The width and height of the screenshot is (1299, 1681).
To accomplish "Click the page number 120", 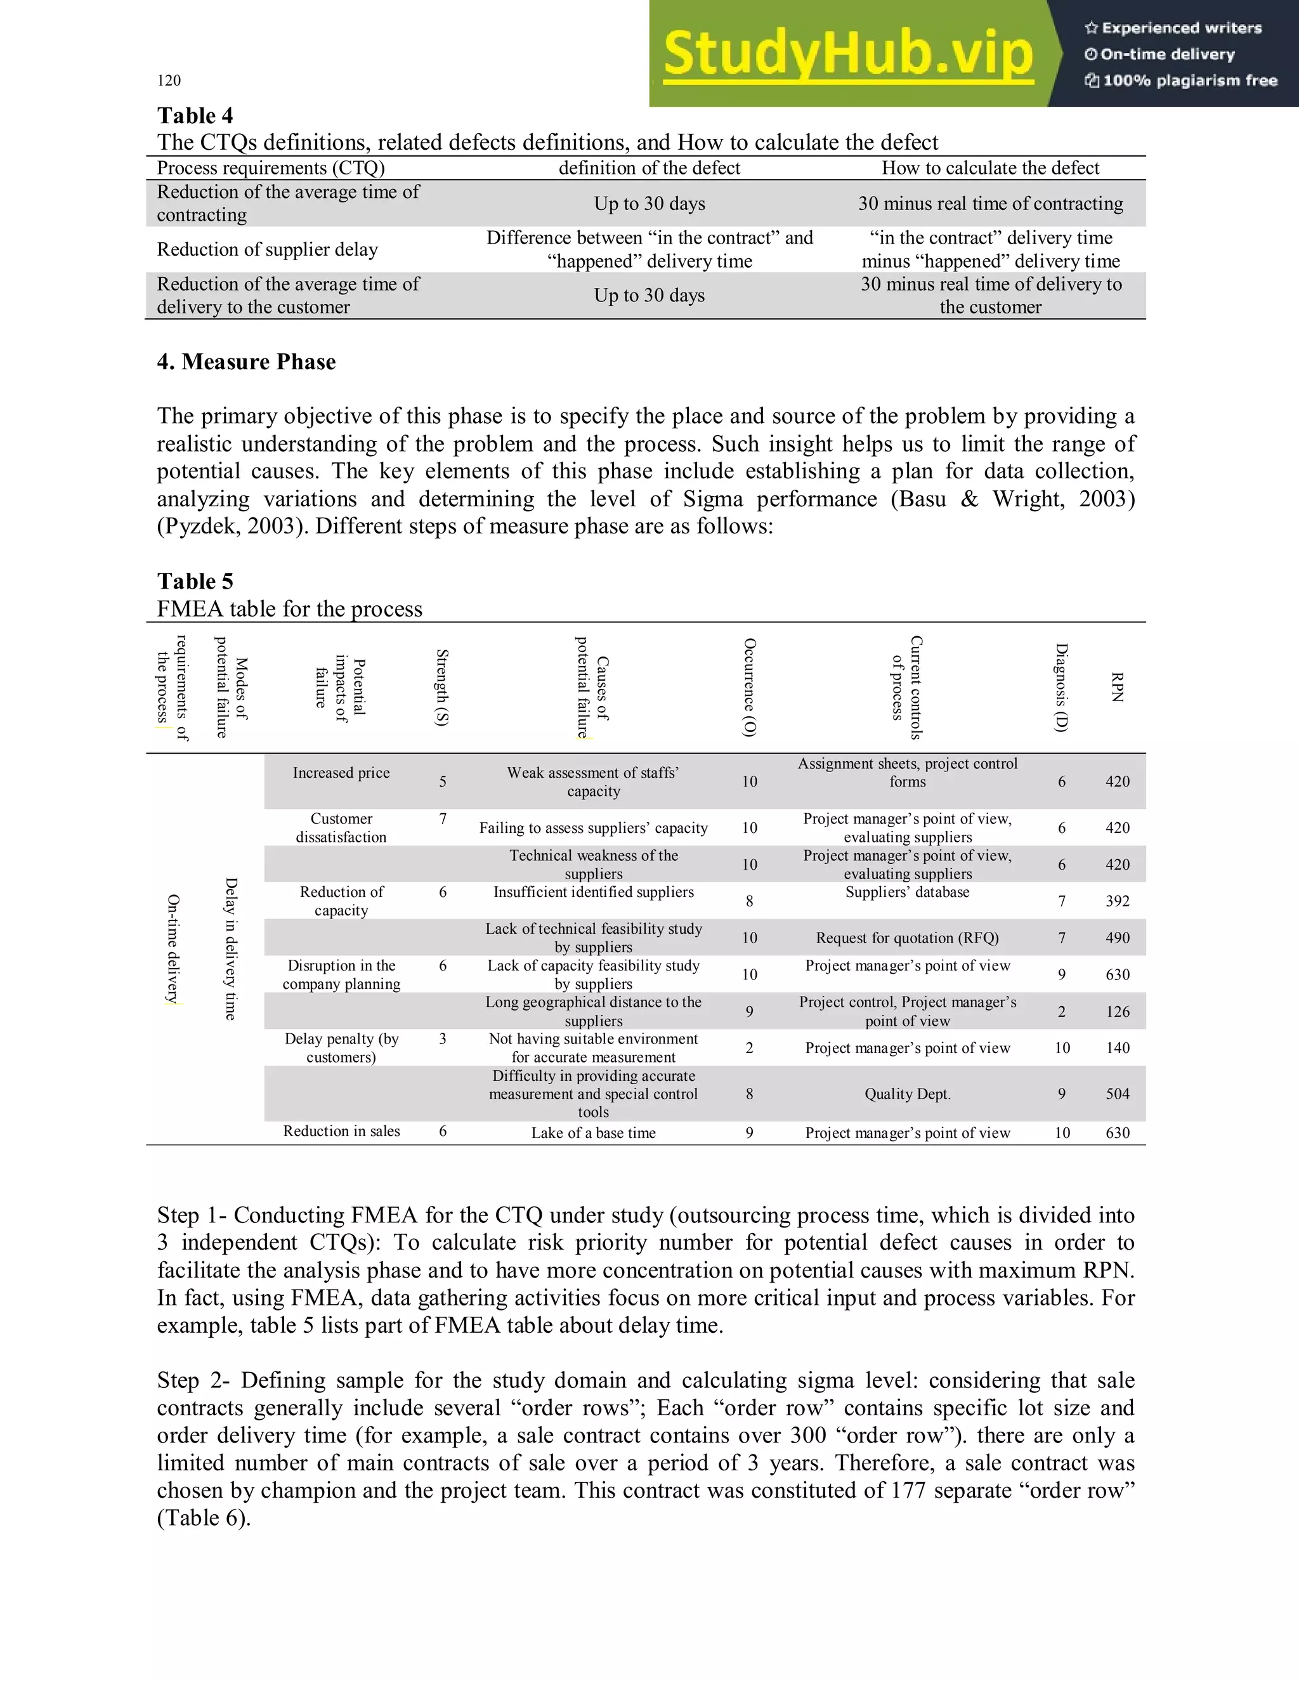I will (169, 80).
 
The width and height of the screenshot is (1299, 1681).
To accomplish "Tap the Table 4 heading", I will (195, 115).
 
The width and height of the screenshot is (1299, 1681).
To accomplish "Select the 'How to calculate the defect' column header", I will (990, 168).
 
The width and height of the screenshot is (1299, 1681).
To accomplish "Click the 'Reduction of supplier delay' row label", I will (267, 249).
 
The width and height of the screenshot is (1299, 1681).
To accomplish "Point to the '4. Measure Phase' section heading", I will (246, 362).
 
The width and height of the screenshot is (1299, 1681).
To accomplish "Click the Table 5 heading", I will (195, 581).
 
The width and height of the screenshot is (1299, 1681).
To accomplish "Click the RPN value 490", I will (1118, 938).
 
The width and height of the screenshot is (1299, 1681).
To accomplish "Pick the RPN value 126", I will (1118, 1011).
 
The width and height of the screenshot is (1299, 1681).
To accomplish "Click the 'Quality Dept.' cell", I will (907, 1094).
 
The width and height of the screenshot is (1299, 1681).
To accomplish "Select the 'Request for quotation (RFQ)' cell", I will (907, 938).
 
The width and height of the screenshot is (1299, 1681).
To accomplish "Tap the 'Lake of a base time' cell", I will (593, 1132).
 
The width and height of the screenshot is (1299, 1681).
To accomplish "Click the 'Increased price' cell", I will (341, 773).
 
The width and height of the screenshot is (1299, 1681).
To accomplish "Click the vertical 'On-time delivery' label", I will (173, 948).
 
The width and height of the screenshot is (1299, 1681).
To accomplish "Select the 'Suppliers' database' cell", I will (907, 892).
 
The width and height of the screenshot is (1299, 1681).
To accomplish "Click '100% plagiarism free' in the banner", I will (1189, 81).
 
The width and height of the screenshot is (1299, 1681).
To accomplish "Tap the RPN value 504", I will (1118, 1094).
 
